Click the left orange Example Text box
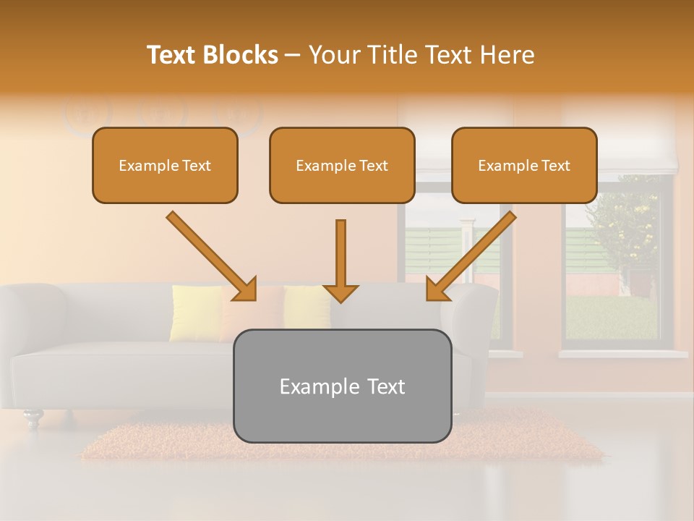pos(165,165)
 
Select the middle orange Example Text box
pos(342,165)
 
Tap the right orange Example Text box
pos(524,165)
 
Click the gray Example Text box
pos(342,386)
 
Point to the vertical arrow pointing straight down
pos(340,260)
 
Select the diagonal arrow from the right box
pos(471,255)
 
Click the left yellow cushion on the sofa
pos(195,313)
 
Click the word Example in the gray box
pos(312,386)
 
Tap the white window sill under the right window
pos(622,354)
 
